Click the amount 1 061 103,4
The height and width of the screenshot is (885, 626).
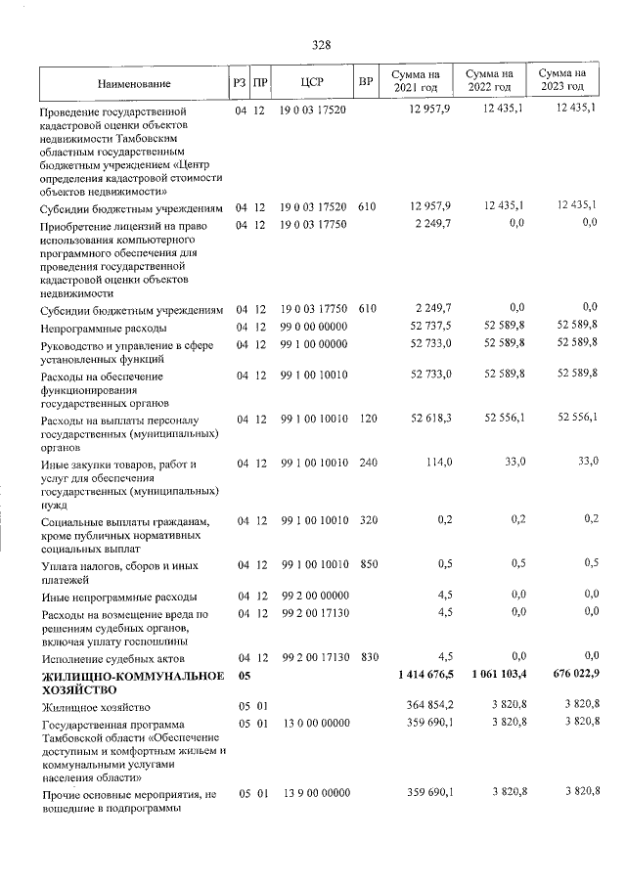[x=498, y=676]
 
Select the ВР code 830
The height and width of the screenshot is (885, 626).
[x=368, y=657]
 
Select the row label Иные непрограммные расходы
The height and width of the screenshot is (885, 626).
[x=119, y=597]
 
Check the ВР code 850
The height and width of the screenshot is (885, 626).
[x=368, y=564]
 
